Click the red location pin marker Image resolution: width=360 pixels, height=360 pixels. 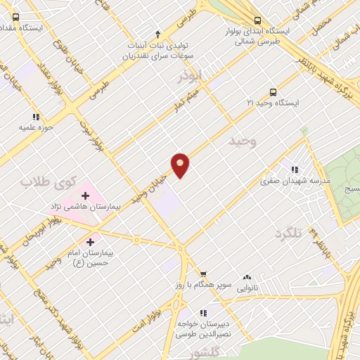point(180,165)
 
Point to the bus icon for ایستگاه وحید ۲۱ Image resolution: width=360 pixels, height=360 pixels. point(273,92)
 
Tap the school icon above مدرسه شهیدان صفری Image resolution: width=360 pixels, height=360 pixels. point(295,169)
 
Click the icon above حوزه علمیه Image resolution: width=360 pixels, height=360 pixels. point(35,117)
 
